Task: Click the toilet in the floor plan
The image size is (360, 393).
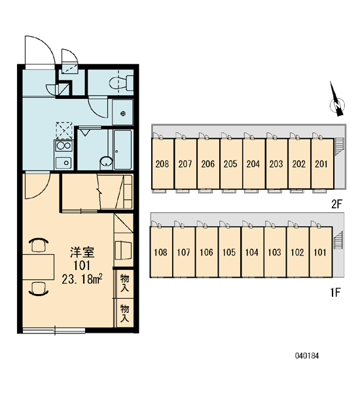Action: click(x=122, y=83)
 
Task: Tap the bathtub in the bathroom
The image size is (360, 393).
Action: click(x=123, y=149)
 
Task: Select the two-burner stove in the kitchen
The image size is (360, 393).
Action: click(x=63, y=146)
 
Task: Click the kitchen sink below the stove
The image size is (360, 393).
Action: click(x=63, y=163)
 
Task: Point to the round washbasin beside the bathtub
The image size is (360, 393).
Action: click(x=107, y=161)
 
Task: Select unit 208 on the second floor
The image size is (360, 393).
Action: click(x=162, y=164)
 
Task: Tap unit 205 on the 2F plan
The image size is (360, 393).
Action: click(x=231, y=164)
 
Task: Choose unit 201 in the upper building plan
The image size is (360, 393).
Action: click(x=322, y=164)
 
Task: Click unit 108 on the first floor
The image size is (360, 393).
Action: click(x=161, y=252)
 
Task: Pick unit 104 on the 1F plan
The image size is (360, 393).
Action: click(x=252, y=252)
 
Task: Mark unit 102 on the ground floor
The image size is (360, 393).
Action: click(x=298, y=252)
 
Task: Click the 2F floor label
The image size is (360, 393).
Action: click(x=336, y=204)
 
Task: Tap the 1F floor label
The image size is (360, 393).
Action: click(x=335, y=292)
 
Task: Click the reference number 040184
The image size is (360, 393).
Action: click(x=307, y=356)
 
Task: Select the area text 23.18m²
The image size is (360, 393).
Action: click(x=82, y=279)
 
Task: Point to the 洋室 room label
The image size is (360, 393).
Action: click(x=82, y=252)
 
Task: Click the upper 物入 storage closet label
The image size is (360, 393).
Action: click(x=124, y=283)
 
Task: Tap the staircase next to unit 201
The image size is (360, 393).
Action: click(x=338, y=147)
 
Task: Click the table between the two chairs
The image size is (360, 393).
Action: click(x=39, y=267)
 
